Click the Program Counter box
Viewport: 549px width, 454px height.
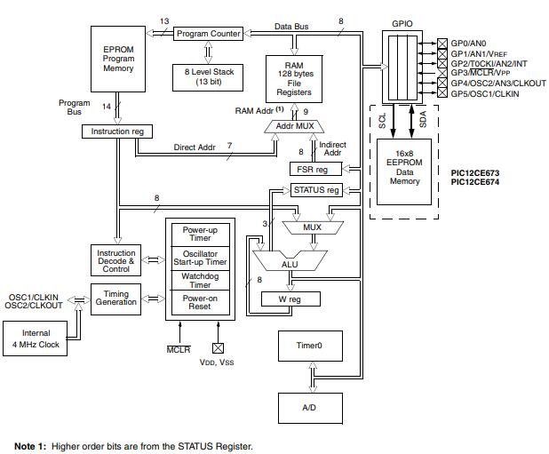209,34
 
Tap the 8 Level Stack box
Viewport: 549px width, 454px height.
209,76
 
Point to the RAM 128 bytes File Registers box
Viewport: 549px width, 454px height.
293,78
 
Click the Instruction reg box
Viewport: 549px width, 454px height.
117,131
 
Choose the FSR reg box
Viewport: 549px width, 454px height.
310,169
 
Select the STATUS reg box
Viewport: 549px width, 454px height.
316,190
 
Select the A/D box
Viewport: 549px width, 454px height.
311,408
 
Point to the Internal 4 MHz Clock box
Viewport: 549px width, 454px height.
42,339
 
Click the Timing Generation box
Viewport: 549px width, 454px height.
116,298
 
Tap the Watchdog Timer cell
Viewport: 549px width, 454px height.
205,280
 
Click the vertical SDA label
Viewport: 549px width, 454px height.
423,118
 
